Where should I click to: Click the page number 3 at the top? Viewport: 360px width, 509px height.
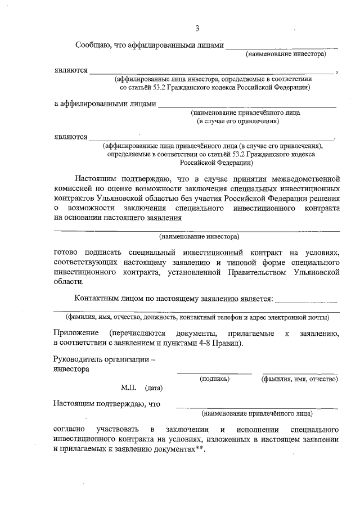[197, 29]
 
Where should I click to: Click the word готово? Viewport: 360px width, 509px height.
[66, 252]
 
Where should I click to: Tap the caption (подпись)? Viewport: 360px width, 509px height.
[214, 379]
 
